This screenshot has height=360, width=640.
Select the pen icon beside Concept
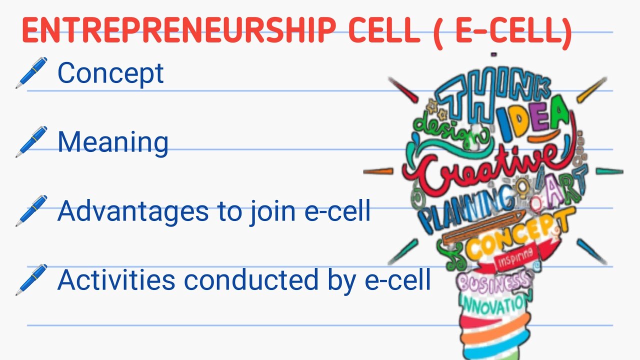pyautogui.click(x=31, y=73)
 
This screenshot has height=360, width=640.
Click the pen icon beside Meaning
pyautogui.click(x=31, y=142)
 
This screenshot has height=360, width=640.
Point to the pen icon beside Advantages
pyautogui.click(x=31, y=211)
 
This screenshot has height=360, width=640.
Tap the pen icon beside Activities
pyautogui.click(x=31, y=280)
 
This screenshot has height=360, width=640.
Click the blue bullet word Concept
pyautogui.click(x=110, y=73)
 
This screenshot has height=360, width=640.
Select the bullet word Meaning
pyautogui.click(x=113, y=142)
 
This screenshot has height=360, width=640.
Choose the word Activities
pyautogui.click(x=116, y=280)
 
